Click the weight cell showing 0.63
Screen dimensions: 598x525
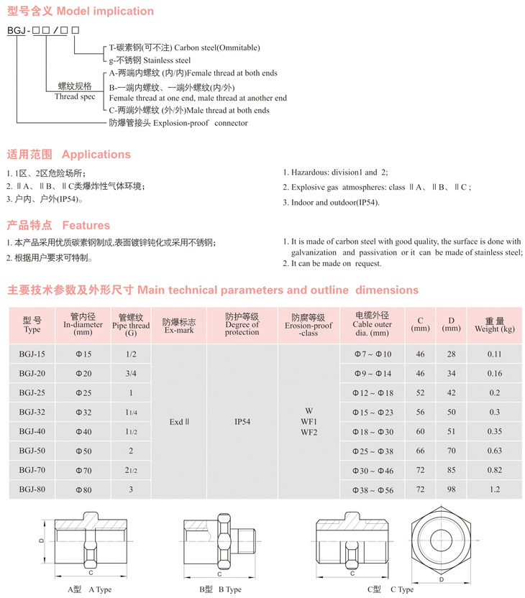click(x=494, y=451)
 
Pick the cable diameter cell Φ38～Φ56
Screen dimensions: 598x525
click(x=373, y=489)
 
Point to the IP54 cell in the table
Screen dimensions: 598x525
click(x=242, y=422)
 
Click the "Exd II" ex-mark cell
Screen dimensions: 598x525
click(x=178, y=422)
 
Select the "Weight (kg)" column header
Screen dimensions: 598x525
click(x=494, y=325)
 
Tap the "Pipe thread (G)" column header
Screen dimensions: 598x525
click(x=131, y=325)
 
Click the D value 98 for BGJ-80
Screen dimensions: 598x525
click(x=451, y=489)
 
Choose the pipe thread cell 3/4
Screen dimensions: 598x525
click(x=131, y=373)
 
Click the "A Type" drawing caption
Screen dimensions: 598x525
click(x=90, y=589)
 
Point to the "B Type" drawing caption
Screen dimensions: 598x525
click(x=220, y=589)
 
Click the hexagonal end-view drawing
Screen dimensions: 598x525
click(x=440, y=538)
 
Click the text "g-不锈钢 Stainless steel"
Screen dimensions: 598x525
click(x=150, y=60)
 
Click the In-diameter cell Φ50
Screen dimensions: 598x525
click(x=83, y=451)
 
